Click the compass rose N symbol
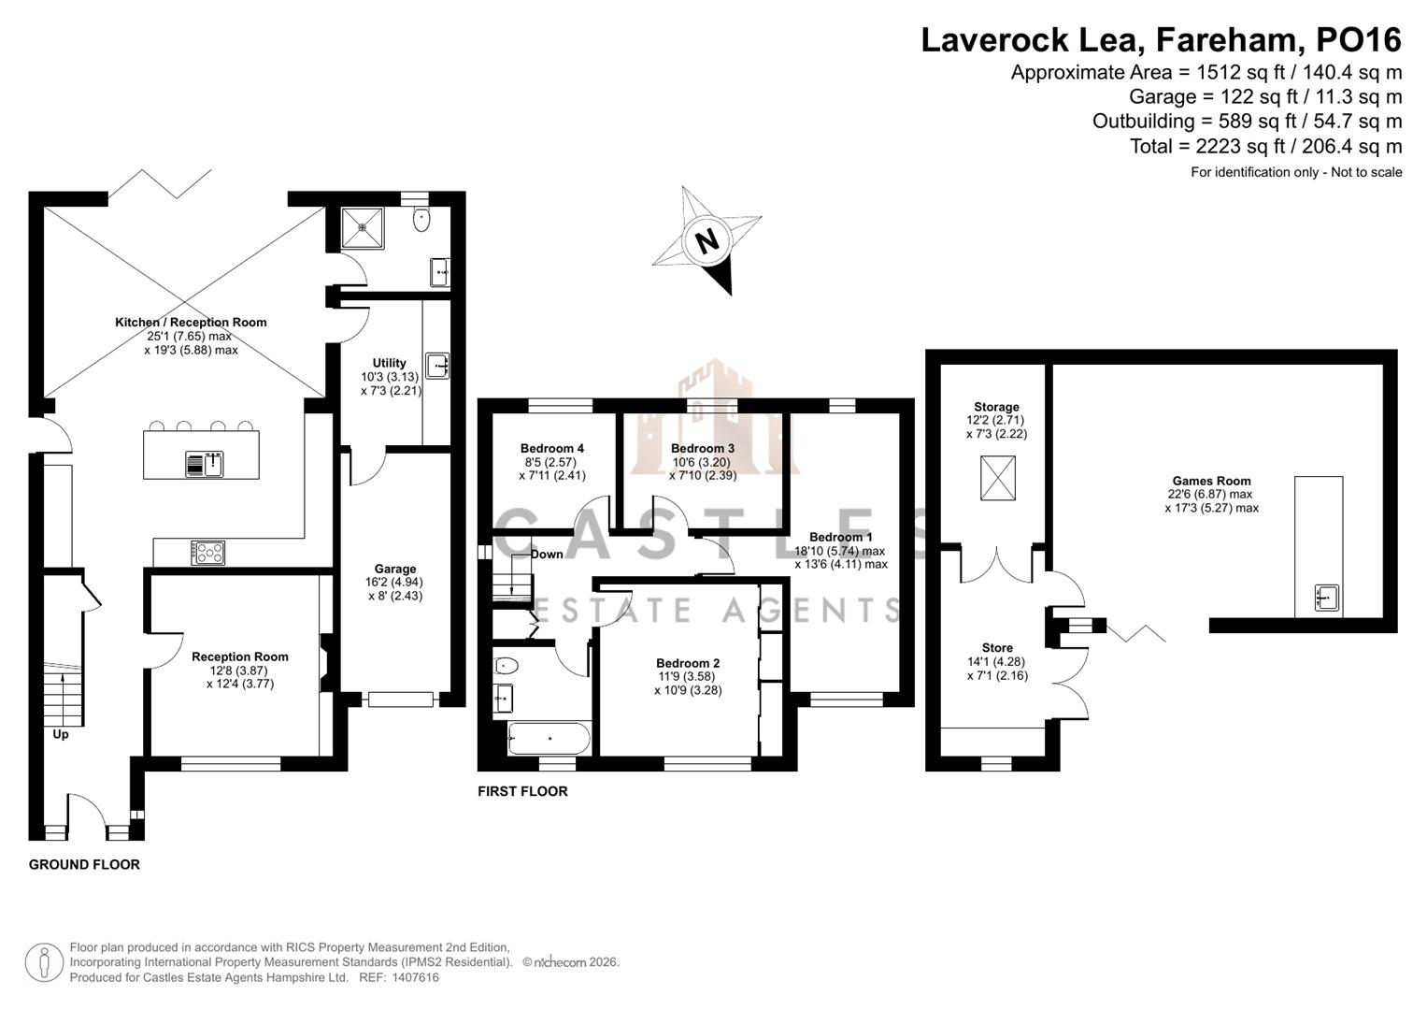[707, 241]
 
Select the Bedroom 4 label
[551, 448]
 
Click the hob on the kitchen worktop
[208, 553]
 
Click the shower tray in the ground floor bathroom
[362, 227]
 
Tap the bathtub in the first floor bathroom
[549, 739]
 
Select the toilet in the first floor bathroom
[507, 666]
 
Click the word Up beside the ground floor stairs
[61, 734]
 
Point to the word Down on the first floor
[547, 555]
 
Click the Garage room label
[394, 569]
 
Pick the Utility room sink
[437, 364]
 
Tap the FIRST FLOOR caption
[522, 791]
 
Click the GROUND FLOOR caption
[84, 865]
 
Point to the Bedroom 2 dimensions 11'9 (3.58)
[687, 677]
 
